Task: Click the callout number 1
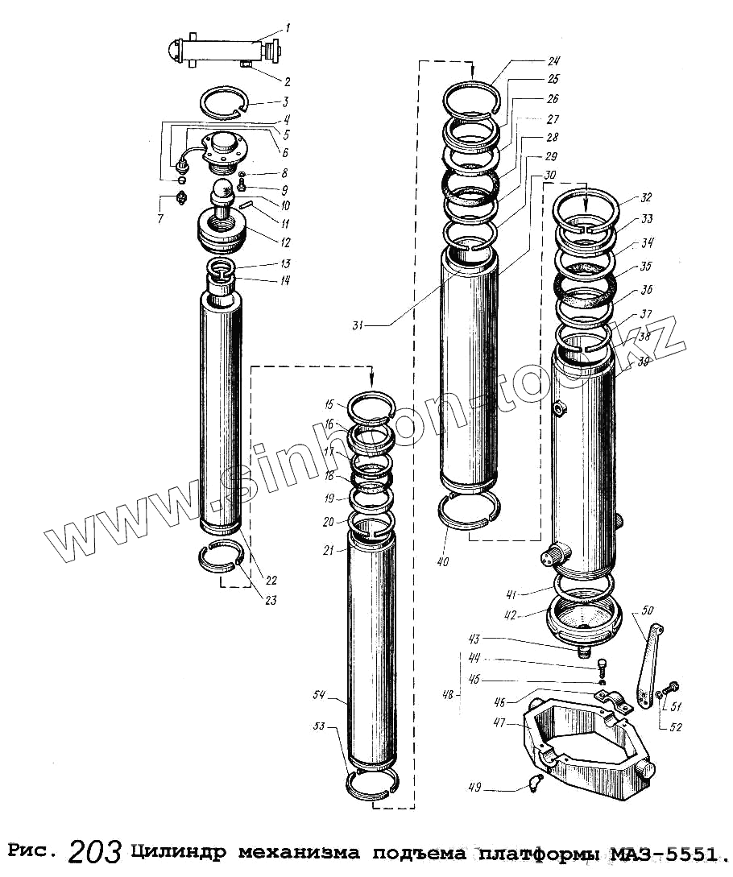[288, 28]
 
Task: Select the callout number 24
[554, 61]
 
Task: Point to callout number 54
[318, 693]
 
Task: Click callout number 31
[358, 325]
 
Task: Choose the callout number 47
[499, 724]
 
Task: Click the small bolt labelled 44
[603, 665]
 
